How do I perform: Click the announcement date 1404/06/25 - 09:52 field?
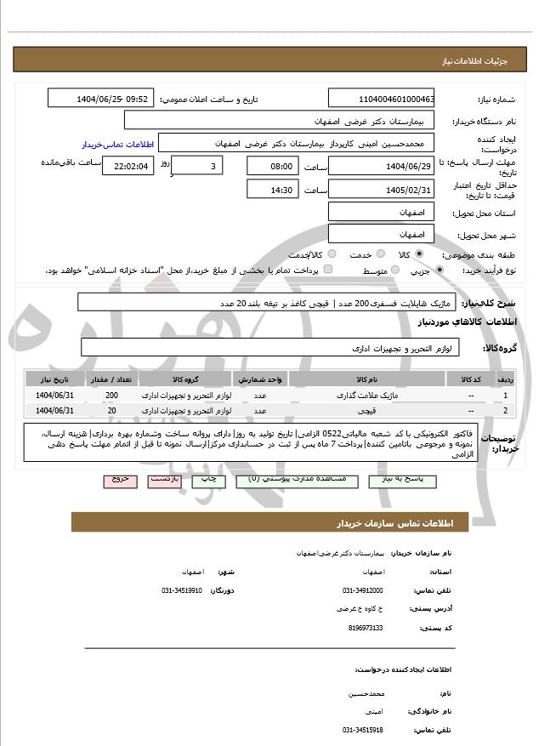(x=101, y=100)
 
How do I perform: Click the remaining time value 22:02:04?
(x=128, y=166)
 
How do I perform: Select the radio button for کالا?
(x=419, y=253)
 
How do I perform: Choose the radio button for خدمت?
(x=379, y=253)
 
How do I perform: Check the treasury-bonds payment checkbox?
(x=329, y=270)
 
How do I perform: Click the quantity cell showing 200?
(x=112, y=396)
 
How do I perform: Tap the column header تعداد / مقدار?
(x=112, y=379)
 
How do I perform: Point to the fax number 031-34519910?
(x=181, y=590)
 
